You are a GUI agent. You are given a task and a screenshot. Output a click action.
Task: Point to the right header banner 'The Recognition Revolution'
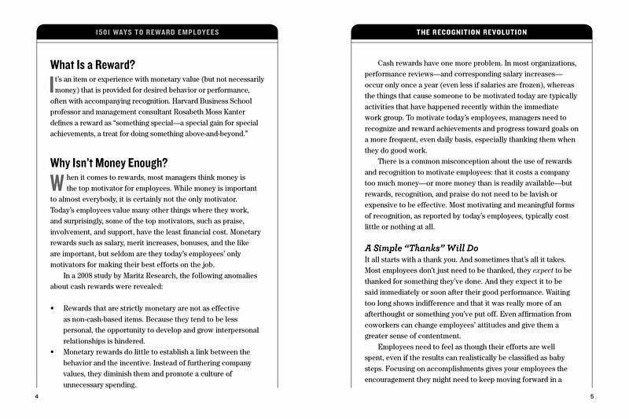tap(470, 32)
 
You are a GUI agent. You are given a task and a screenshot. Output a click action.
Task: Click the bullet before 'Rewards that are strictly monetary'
tap(52, 307)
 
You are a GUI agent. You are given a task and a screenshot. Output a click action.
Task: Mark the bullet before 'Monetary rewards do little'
tap(52, 351)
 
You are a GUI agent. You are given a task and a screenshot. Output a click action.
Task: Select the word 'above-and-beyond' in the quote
tap(207, 134)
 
